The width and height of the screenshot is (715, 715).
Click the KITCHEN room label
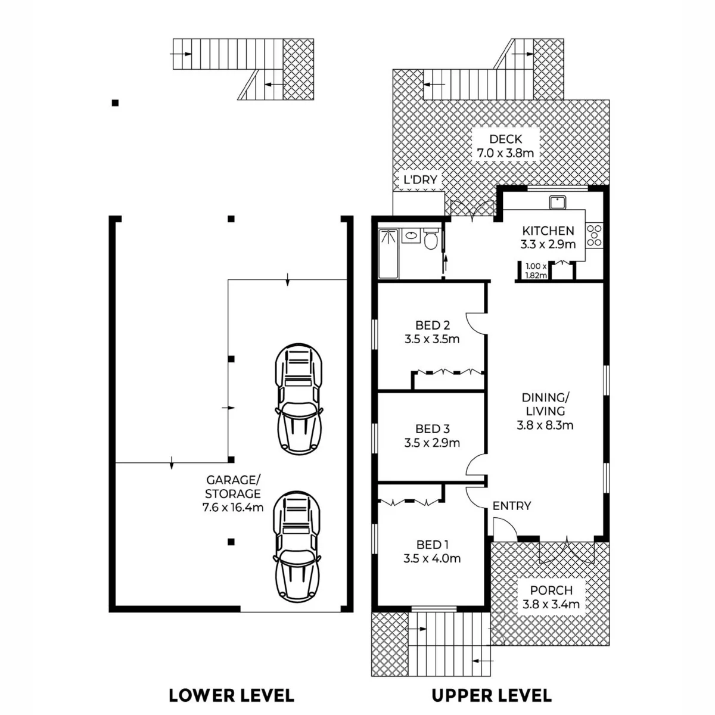click(x=548, y=231)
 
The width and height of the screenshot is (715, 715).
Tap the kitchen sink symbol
click(x=558, y=203)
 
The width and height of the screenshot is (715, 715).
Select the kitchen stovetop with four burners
click(x=594, y=235)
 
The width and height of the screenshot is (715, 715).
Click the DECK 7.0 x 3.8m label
click(x=505, y=146)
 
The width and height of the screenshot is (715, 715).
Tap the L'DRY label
click(x=421, y=179)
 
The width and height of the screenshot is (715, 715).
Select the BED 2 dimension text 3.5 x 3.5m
click(x=432, y=339)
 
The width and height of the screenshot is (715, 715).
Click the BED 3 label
click(x=433, y=429)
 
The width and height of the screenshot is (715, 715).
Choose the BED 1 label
click(x=433, y=545)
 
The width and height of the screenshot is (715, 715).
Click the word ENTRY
click(x=512, y=506)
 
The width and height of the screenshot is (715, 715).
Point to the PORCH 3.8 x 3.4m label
click(x=551, y=596)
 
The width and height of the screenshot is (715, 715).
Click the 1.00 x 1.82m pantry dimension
click(x=536, y=271)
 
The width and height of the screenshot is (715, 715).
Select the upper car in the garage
click(x=299, y=399)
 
